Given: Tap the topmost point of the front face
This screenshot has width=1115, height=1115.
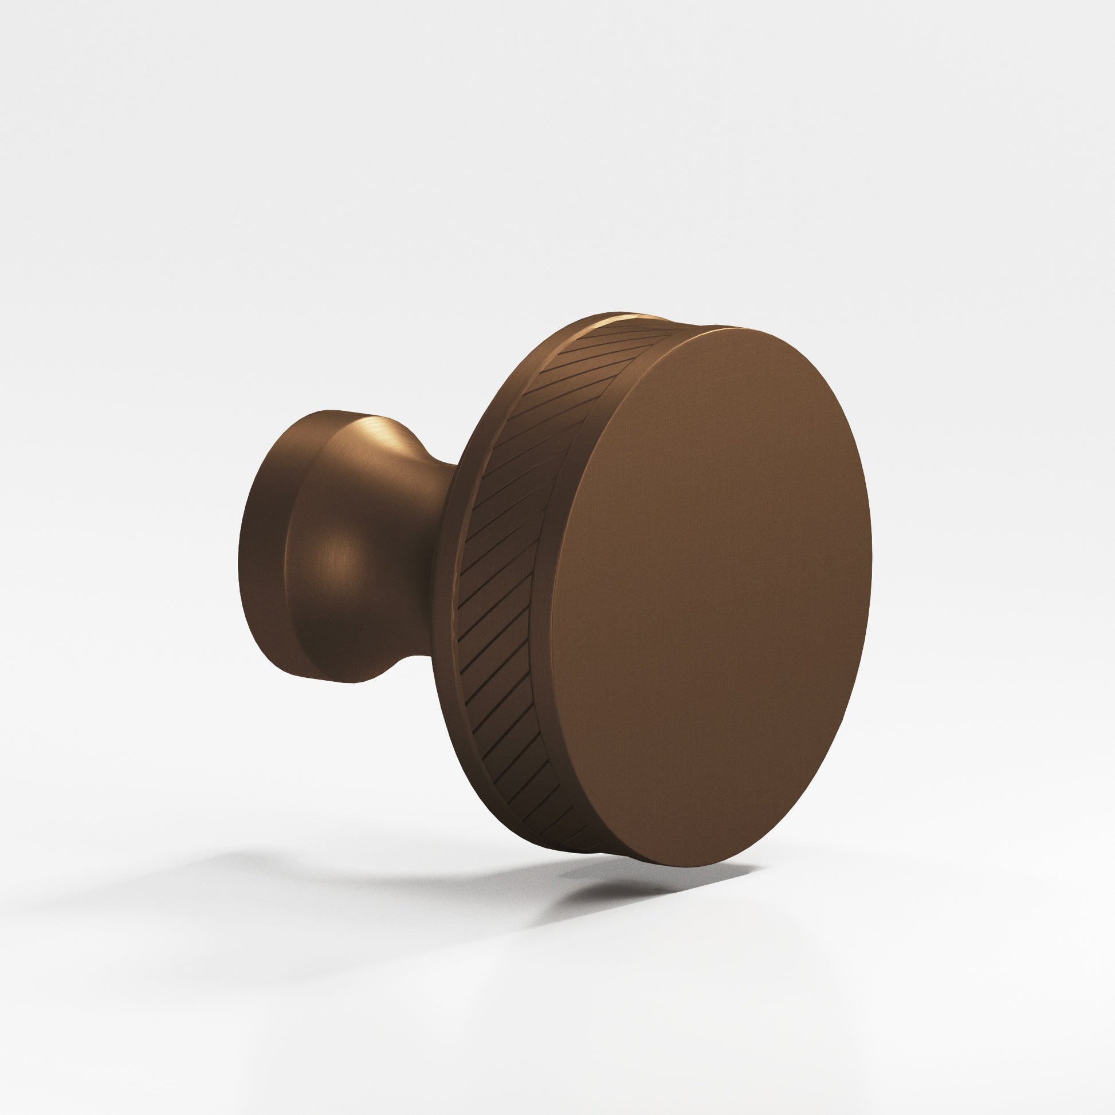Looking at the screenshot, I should (x=744, y=327).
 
